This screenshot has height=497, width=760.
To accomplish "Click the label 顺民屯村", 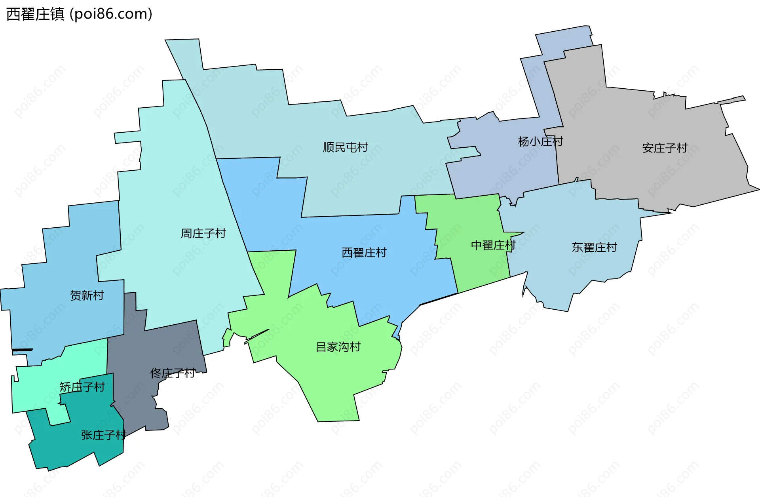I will pyautogui.click(x=345, y=147).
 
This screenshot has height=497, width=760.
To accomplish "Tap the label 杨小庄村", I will pyautogui.click(x=540, y=141).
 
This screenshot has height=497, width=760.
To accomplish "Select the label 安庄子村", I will pyautogui.click(x=665, y=148).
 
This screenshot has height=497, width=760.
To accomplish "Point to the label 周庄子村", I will pyautogui.click(x=203, y=233).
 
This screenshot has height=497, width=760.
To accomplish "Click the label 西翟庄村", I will pyautogui.click(x=364, y=253).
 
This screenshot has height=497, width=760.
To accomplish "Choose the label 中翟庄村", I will pyautogui.click(x=493, y=246).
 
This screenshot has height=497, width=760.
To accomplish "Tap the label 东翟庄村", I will pyautogui.click(x=594, y=248).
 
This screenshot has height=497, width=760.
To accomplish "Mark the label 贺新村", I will pyautogui.click(x=87, y=295).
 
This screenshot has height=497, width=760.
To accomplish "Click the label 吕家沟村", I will pyautogui.click(x=338, y=347).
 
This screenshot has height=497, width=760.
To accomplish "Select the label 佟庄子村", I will pyautogui.click(x=172, y=373).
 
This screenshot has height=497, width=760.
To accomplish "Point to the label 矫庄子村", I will pyautogui.click(x=82, y=387).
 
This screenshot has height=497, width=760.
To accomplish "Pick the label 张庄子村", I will pyautogui.click(x=103, y=435).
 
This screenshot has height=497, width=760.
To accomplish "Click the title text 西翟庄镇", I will pyautogui.click(x=35, y=14).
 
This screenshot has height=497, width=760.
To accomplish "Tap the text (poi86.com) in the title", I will pyautogui.click(x=111, y=14).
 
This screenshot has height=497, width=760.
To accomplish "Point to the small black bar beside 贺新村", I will pyautogui.click(x=23, y=350).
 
